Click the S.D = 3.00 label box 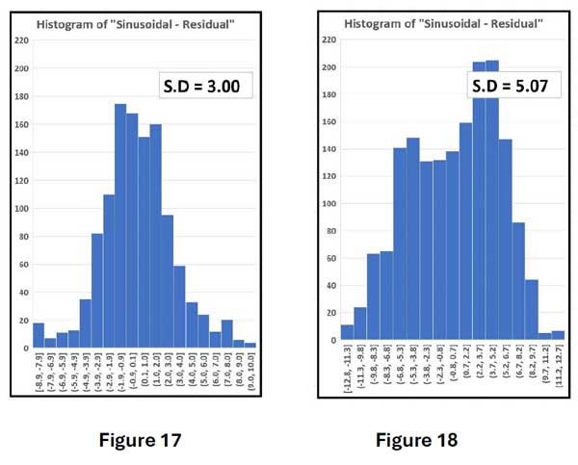point(205,86)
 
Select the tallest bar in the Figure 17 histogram point(120,225)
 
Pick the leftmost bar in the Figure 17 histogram point(39,334)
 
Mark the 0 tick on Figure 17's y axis point(22,347)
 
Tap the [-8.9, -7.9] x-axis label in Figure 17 point(39,370)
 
